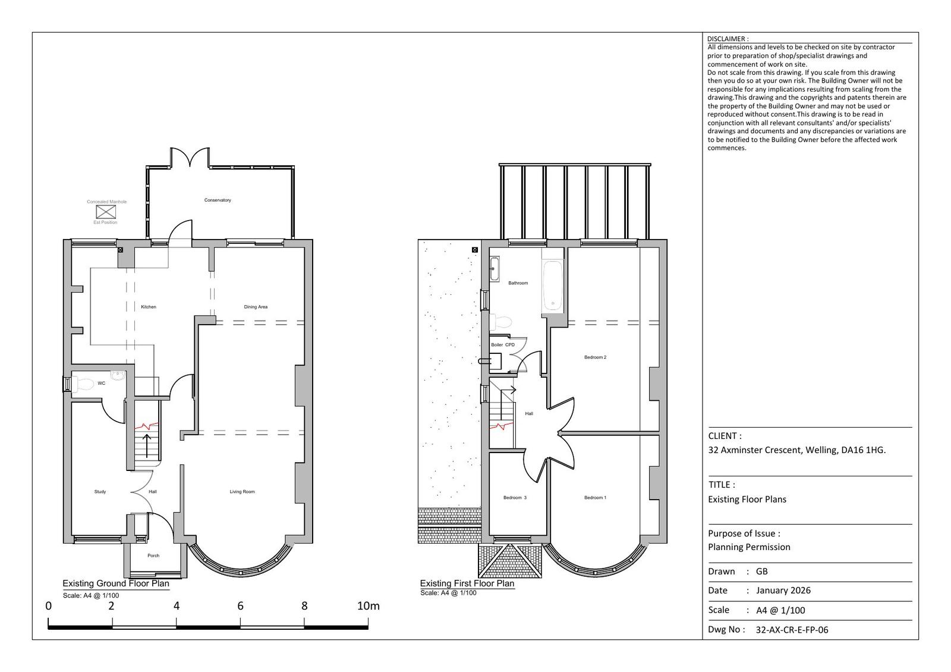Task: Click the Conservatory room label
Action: coord(218,200)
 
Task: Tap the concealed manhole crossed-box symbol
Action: coord(106,212)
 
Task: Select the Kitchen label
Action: coord(149,307)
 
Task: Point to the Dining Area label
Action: coord(256,307)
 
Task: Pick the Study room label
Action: coord(100,491)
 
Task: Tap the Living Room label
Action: coord(242,491)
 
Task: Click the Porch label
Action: coord(153,555)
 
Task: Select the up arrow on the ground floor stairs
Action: coord(147,445)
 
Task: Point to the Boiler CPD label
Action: coord(503,344)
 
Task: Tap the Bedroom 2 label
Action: coord(595,357)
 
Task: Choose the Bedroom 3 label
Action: coord(515,497)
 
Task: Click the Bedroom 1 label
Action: coord(595,497)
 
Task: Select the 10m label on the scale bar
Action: coord(368,606)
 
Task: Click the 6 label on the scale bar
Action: coord(240,606)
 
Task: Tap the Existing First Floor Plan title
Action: coord(467,583)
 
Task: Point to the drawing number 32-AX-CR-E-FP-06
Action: coord(792,630)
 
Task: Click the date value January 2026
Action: coord(783,590)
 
